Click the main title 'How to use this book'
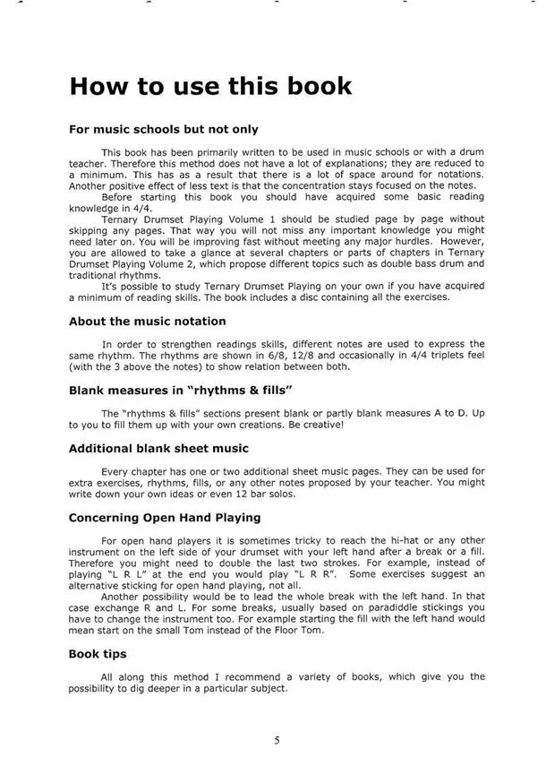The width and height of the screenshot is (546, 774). tap(210, 87)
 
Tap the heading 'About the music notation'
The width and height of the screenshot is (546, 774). tap(147, 321)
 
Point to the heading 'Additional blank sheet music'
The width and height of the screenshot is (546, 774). tap(158, 447)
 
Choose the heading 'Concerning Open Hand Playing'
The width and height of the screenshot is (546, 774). tap(165, 517)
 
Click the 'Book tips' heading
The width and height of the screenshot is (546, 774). tap(98, 654)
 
